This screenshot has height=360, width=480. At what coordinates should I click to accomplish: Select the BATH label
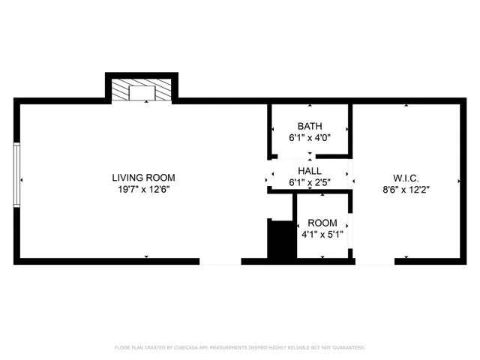[309, 126]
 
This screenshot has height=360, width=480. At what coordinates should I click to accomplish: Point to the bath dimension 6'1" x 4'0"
[309, 138]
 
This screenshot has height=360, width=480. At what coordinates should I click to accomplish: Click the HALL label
[309, 171]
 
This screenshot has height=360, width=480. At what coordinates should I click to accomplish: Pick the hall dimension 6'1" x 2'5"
[309, 182]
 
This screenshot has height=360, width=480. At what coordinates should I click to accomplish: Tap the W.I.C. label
[406, 178]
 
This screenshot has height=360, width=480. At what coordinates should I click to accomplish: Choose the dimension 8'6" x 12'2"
[406, 190]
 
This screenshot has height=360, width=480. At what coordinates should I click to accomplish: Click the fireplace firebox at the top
[141, 92]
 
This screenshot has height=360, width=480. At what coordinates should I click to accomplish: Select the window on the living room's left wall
[16, 174]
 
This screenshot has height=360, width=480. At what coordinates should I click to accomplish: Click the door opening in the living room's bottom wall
[220, 261]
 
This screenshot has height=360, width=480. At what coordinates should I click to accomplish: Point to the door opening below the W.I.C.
[374, 261]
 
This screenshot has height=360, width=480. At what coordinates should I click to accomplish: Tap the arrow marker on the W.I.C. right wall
[458, 181]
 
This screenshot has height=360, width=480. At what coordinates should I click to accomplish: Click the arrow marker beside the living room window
[22, 180]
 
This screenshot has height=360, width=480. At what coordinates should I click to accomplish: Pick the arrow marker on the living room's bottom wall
[146, 256]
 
